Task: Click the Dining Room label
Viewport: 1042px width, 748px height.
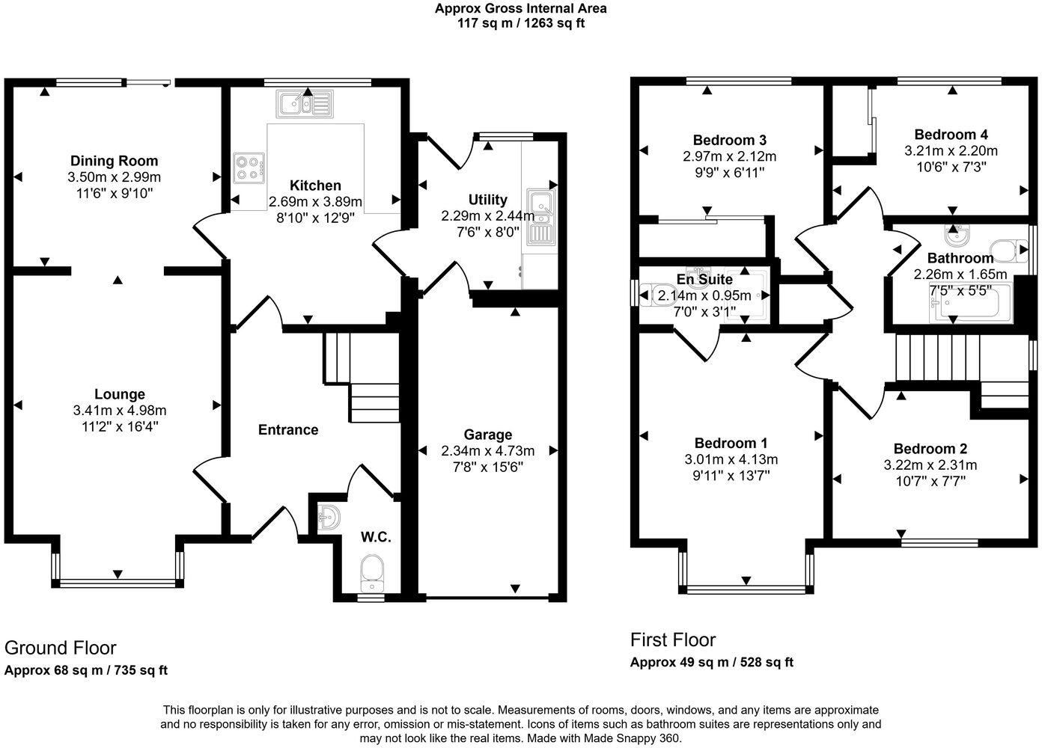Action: coord(114,161)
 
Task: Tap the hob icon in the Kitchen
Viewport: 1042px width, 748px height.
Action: coord(249,167)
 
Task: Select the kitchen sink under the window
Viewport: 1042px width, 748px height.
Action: coord(304,104)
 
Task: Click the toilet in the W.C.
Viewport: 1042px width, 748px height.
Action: coord(372,571)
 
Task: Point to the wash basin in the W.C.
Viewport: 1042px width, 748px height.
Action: coord(328,517)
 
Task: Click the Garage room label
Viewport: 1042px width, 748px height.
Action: coord(487,435)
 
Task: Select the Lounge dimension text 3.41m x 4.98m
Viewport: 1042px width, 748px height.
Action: coord(120,411)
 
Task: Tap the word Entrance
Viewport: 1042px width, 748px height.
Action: coord(288,430)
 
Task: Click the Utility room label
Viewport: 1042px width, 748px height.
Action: coord(487,200)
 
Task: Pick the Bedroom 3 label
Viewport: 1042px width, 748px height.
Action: coord(729,141)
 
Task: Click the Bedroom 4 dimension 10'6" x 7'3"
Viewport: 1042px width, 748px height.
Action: coord(951,167)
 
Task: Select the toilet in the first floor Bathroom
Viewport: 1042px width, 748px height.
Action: coord(1008,251)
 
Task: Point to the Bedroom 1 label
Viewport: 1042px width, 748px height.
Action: coord(731,443)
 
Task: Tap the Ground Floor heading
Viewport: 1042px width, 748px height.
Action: coord(61,648)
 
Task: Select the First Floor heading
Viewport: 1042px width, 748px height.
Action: coord(673,640)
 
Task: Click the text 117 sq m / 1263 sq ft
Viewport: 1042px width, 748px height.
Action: coord(521,23)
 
